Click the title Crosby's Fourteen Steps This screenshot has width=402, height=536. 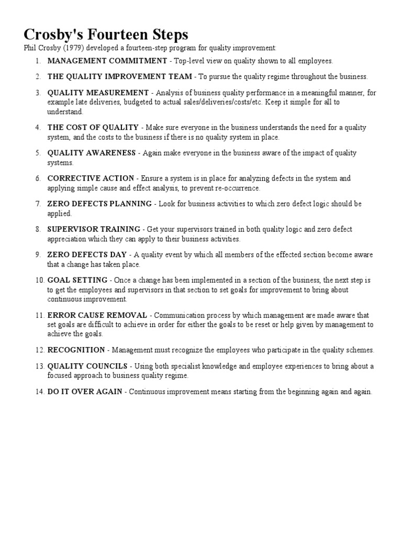pyautogui.click(x=106, y=35)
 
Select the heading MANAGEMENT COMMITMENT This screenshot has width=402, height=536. pyautogui.click(x=107, y=61)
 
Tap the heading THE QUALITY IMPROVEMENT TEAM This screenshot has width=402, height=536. pyautogui.click(x=119, y=76)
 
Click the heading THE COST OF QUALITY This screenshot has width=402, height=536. pyautogui.click(x=93, y=127)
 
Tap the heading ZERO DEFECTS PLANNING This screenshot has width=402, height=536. pyautogui.click(x=99, y=204)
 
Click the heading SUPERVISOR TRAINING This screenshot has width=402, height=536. pyautogui.click(x=94, y=229)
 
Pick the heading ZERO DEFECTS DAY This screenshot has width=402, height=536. pyautogui.click(x=87, y=254)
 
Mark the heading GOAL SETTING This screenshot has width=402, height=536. pyautogui.click(x=77, y=280)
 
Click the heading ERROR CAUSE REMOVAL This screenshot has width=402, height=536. pyautogui.click(x=97, y=315)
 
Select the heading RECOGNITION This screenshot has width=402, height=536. pyautogui.click(x=76, y=350)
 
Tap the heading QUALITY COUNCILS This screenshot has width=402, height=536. pyautogui.click(x=87, y=366)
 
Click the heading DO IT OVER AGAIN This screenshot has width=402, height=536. pyautogui.click(x=85, y=392)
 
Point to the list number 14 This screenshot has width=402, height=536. pyautogui.click(x=40, y=392)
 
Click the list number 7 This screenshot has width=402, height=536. pyautogui.click(x=38, y=204)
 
